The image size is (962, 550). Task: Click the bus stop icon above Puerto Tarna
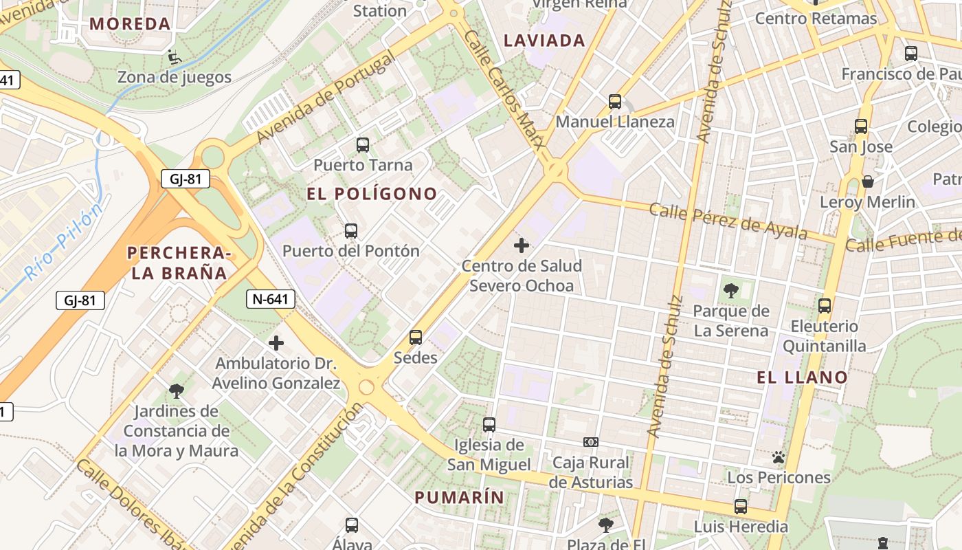pos(363,145)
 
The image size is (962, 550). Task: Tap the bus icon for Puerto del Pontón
pos(351,230)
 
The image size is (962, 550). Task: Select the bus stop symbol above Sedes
pos(416,338)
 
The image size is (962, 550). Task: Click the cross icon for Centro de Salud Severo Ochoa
pos(522,245)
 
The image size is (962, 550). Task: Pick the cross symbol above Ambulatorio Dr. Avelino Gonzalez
pos(276,342)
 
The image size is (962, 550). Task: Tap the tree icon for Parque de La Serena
pos(730,291)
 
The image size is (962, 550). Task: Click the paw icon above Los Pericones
pos(779,457)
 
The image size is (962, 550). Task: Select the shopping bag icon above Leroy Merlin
pos(868,181)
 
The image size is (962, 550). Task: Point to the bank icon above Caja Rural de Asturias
pos(591,441)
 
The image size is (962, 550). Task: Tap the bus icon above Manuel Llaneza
pos(615,102)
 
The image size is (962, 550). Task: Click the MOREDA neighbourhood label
pos(130,23)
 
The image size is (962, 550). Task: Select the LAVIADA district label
pos(544,41)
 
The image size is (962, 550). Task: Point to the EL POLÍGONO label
pos(372,194)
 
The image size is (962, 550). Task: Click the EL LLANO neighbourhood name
pos(803,377)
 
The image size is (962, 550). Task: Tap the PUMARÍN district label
pos(459,497)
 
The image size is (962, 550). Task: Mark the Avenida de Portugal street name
pos(326,97)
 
